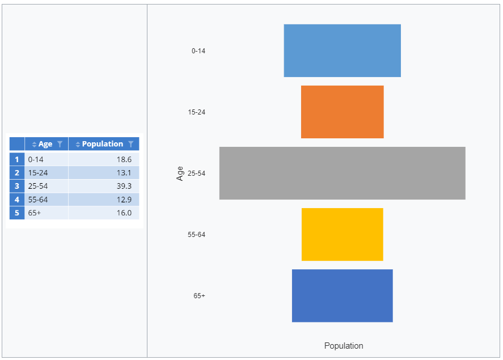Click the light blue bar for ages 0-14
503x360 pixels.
(x=342, y=50)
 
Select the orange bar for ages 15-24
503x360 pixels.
(x=342, y=112)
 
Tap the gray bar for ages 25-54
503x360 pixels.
(x=342, y=173)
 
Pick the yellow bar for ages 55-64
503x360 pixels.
(x=342, y=234)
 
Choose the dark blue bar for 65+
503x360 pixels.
(x=342, y=295)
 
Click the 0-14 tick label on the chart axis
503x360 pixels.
(x=198, y=51)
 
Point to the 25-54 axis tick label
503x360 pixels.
(x=196, y=173)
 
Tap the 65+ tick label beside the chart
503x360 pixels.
(x=199, y=296)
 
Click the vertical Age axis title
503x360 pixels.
(x=180, y=173)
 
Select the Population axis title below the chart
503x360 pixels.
(x=344, y=346)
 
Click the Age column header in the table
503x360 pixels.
(x=45, y=144)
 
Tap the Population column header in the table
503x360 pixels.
(x=103, y=144)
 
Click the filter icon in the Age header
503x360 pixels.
(x=60, y=144)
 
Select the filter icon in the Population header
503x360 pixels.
(x=131, y=144)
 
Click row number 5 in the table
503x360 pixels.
(x=17, y=213)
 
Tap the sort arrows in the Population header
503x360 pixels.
(x=78, y=144)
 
